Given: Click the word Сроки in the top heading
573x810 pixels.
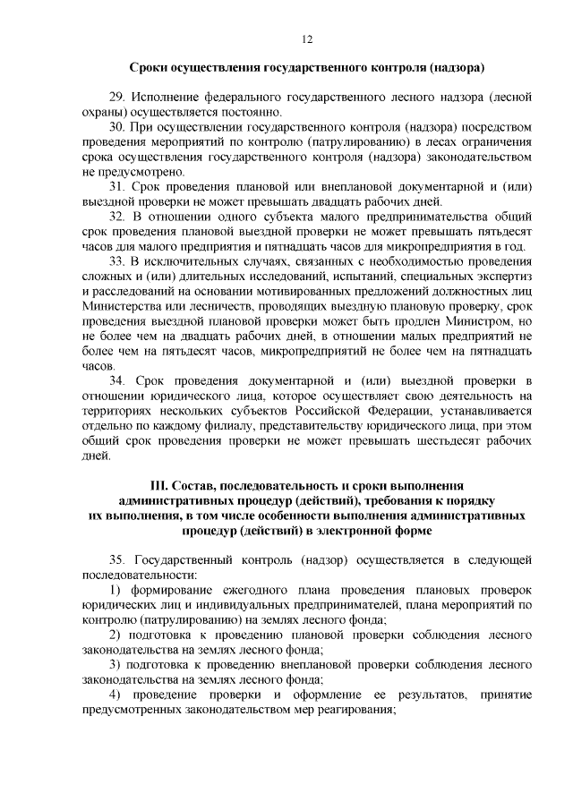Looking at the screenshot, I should [149, 67].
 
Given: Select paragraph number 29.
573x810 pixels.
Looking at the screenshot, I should [116, 98].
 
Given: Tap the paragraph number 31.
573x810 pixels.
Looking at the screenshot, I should [116, 187].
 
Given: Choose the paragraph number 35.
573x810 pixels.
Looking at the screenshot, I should [117, 559].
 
